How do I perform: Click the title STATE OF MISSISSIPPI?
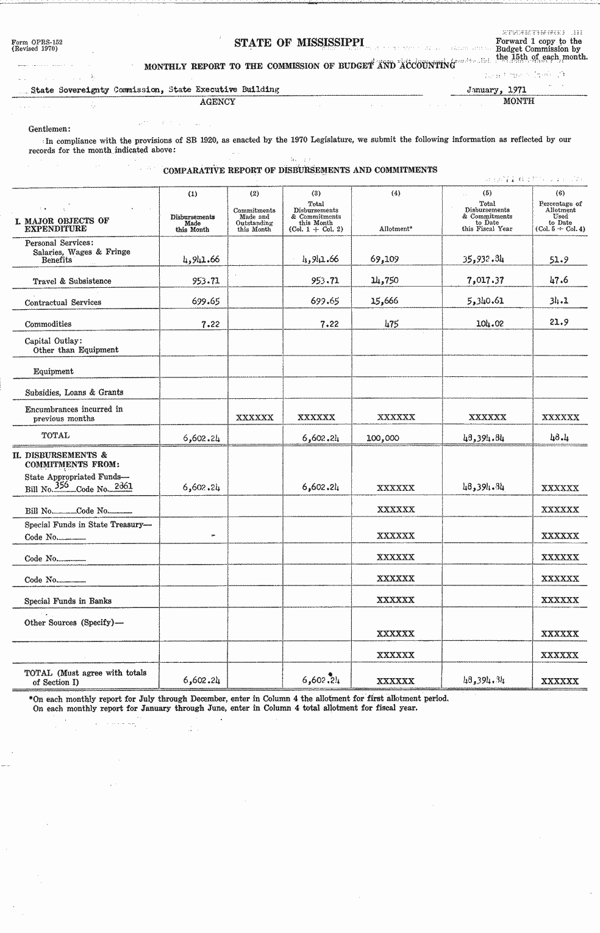point(299,42)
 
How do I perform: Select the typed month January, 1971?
point(496,89)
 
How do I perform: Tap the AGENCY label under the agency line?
point(217,102)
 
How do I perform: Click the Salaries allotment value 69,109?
point(384,259)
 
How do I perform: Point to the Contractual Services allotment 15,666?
point(384,301)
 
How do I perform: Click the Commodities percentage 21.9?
point(559,323)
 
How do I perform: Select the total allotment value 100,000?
point(383,437)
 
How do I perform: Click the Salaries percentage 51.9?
point(559,259)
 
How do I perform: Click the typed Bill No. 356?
point(62,486)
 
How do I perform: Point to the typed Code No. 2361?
point(123,486)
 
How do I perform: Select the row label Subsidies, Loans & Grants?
point(74,392)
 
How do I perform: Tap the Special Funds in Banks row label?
point(68,601)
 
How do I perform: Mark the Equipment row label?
point(53,371)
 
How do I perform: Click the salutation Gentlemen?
point(49,129)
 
